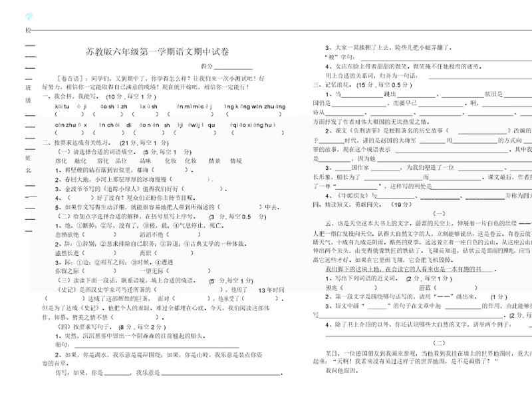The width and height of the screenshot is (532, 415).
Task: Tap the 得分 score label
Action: click(x=206, y=67)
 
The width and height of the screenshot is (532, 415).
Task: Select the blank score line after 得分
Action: click(x=233, y=67)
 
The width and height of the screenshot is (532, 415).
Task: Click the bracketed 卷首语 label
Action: click(x=71, y=78)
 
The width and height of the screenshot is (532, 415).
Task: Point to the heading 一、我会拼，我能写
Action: click(x=70, y=96)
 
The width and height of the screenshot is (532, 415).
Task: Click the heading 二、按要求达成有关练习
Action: click(x=81, y=143)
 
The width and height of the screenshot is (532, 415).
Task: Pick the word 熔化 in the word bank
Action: click(x=61, y=161)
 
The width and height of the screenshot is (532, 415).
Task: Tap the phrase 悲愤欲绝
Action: click(x=66, y=234)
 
